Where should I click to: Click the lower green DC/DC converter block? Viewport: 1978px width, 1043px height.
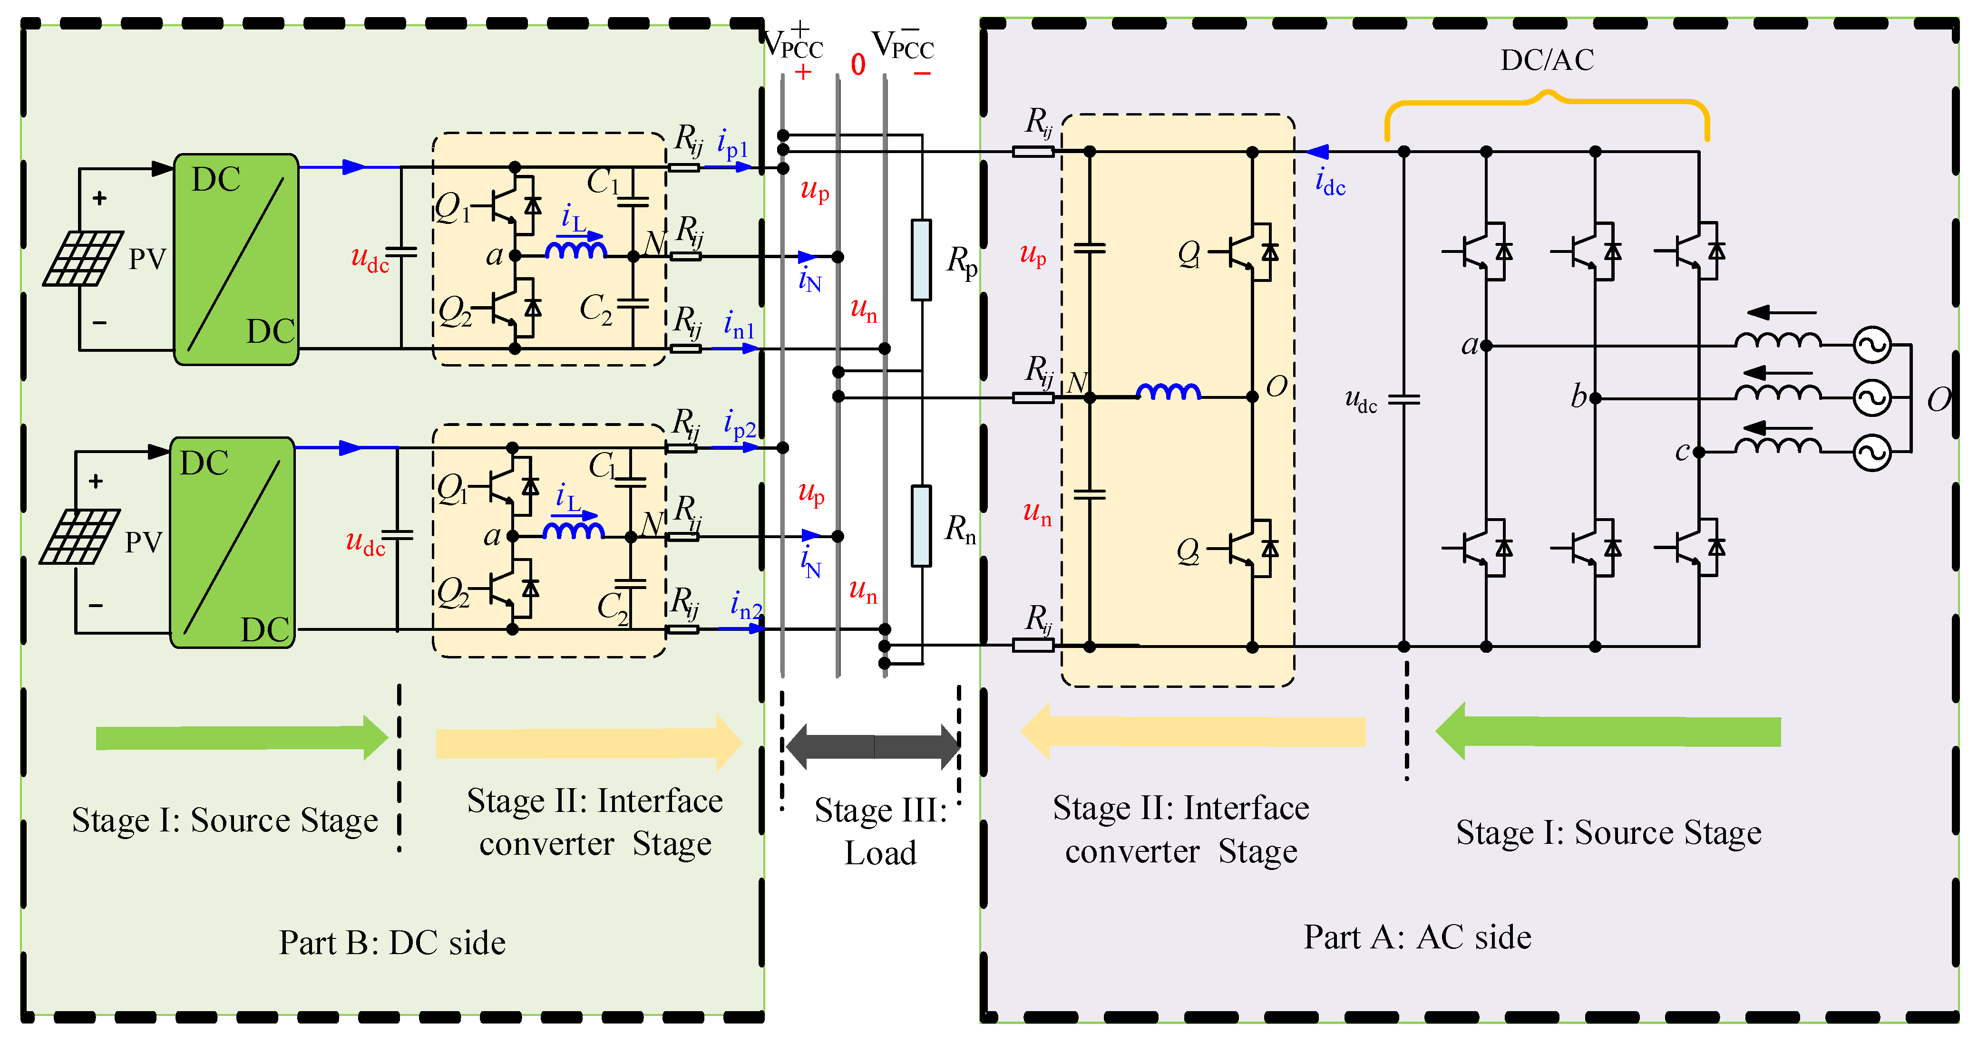coord(232,542)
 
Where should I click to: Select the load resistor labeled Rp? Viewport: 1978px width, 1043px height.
coord(921,260)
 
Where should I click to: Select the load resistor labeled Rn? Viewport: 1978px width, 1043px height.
coord(921,526)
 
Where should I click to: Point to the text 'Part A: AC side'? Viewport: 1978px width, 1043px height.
coord(1417,937)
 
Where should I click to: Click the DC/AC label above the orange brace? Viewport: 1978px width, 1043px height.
coord(1547,60)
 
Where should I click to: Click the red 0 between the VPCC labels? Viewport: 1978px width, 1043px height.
coord(857,65)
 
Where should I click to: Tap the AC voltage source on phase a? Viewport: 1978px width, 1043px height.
coord(1872,345)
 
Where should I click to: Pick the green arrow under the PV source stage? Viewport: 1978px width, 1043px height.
coord(240,737)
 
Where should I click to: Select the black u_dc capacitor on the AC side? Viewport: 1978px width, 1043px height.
coord(1403,399)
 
